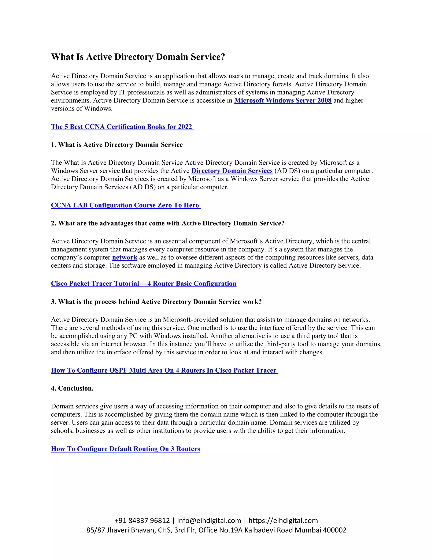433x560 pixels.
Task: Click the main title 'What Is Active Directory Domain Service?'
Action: pos(138,57)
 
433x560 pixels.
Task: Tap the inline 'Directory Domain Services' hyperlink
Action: pos(232,171)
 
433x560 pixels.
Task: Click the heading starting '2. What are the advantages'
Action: pos(167,223)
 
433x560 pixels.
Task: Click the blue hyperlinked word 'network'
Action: pos(125,257)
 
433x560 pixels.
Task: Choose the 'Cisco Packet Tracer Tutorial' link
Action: pos(143,283)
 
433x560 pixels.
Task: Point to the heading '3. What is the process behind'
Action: pos(156,302)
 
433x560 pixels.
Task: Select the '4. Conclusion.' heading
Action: pos(72,388)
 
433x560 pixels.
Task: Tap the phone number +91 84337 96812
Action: pos(142,520)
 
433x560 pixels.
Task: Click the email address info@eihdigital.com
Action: pos(209,520)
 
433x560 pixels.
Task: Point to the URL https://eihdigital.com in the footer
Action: pos(283,520)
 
